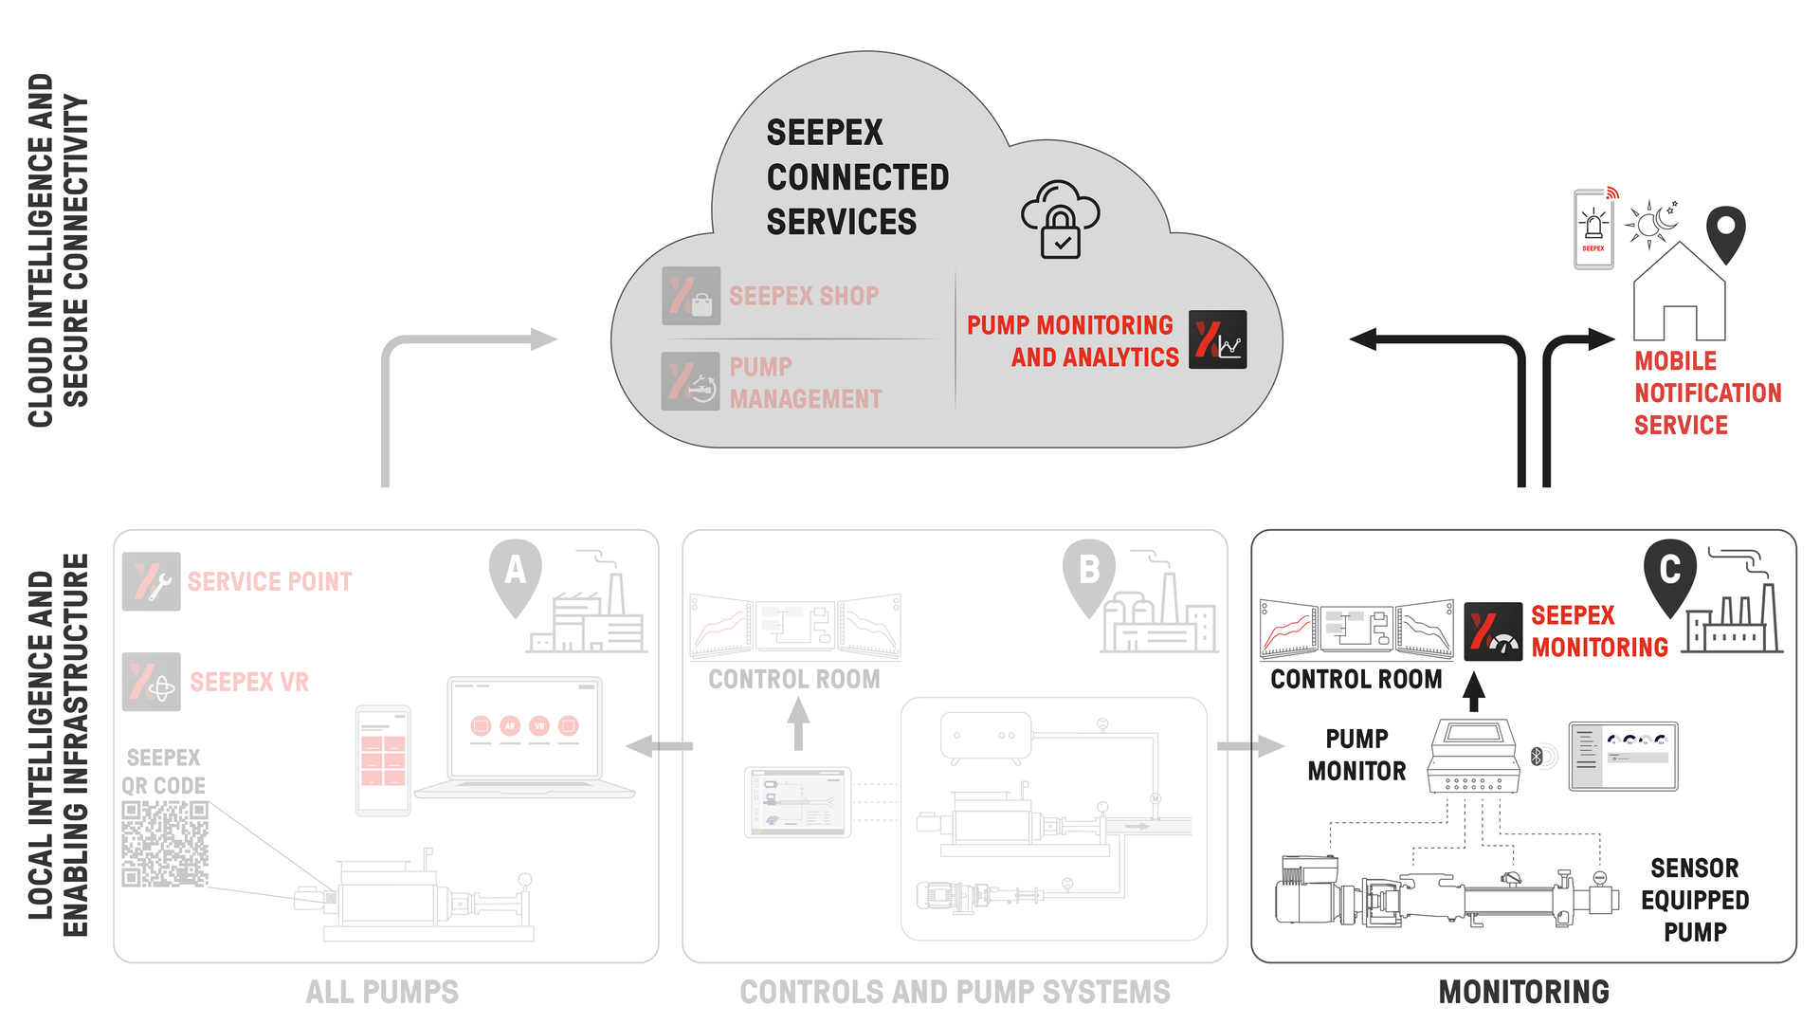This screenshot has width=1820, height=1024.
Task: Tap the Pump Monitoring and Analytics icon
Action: (1218, 339)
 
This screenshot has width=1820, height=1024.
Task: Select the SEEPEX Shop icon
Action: (691, 296)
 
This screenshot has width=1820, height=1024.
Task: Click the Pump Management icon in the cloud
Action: (691, 381)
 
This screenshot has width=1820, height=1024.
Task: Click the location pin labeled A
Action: (515, 572)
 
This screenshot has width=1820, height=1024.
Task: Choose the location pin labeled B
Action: (1088, 572)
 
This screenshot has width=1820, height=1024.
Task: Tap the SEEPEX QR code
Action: (165, 844)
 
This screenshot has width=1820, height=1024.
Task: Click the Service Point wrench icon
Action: (152, 581)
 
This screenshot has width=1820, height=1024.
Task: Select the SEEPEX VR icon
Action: (152, 682)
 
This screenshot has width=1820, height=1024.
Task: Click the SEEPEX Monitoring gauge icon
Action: (1493, 631)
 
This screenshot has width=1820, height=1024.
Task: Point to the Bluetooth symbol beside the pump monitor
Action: (1538, 756)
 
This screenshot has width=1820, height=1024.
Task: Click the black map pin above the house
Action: (1725, 230)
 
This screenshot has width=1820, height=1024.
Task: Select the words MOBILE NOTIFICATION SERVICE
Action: (1707, 393)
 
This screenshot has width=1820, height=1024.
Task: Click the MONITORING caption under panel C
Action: (1523, 992)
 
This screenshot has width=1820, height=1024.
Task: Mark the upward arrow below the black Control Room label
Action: (1473, 691)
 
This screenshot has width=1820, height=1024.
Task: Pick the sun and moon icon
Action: (1651, 224)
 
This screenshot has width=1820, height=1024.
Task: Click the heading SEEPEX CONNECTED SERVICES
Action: (856, 177)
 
